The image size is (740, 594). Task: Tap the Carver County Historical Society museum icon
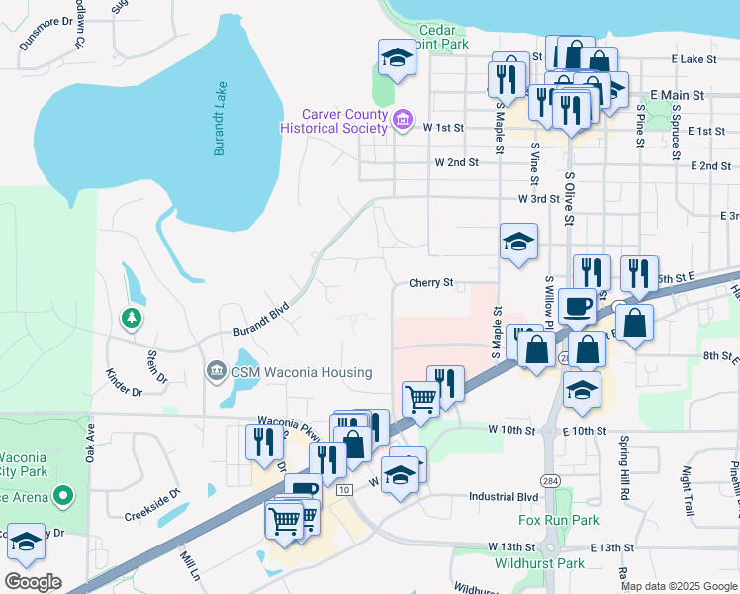pyautogui.click(x=402, y=123)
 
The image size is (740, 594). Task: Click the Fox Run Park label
pyautogui.click(x=559, y=520)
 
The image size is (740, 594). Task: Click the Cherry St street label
pyautogui.click(x=430, y=283)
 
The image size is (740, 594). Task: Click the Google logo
pyautogui.click(x=33, y=582)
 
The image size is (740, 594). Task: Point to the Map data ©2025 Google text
pyautogui.click(x=679, y=586)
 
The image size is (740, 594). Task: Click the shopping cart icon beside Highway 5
pyautogui.click(x=421, y=399)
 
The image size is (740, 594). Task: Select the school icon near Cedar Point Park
pyautogui.click(x=397, y=56)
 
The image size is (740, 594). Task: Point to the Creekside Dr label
pyautogui.click(x=152, y=504)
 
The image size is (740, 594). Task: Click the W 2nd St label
pyautogui.click(x=456, y=162)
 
